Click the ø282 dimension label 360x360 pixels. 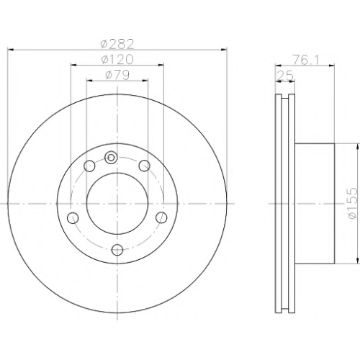click(x=117, y=44)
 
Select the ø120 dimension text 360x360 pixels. click(x=117, y=59)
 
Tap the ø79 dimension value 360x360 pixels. click(x=117, y=75)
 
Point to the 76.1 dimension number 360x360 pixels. click(x=306, y=60)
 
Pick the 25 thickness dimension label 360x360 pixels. click(x=285, y=76)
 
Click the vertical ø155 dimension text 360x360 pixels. click(x=353, y=203)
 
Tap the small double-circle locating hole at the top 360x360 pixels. click(x=111, y=158)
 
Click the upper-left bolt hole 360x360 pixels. click(x=89, y=166)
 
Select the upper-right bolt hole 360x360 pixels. click(x=145, y=166)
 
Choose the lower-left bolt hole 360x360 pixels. click(x=73, y=217)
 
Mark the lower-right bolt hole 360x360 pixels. click(x=161, y=217)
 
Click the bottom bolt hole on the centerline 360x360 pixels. click(x=117, y=250)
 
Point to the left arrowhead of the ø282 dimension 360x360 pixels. click(x=11, y=50)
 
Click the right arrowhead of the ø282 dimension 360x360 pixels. click(x=224, y=50)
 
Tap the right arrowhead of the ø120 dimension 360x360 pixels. click(x=161, y=65)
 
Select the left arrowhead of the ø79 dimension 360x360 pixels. click(x=89, y=81)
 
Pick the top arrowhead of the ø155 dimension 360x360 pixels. click(x=358, y=146)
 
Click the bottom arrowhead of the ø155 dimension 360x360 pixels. click(x=358, y=261)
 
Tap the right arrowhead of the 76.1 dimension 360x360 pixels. click(x=331, y=65)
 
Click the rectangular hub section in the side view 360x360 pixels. click(x=315, y=204)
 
